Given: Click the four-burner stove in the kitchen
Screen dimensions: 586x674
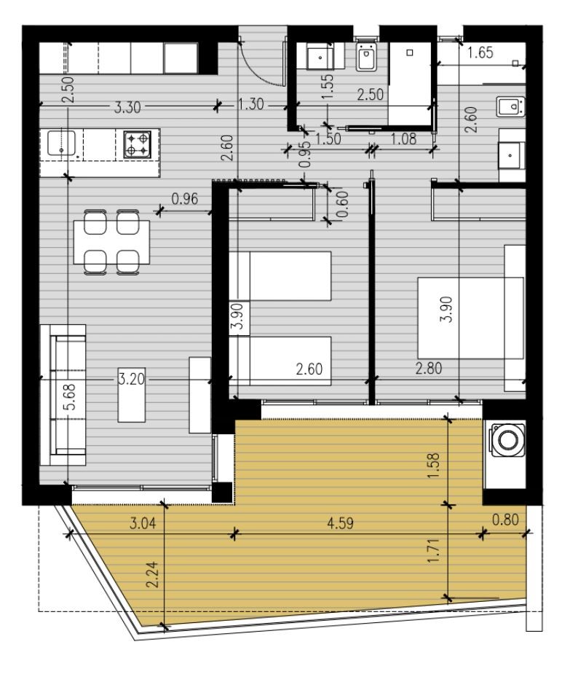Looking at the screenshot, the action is (138, 144).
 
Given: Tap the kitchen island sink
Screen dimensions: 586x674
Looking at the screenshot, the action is (61, 143).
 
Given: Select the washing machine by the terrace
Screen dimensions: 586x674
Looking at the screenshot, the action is (508, 439).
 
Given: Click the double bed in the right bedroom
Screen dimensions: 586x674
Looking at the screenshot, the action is (470, 318).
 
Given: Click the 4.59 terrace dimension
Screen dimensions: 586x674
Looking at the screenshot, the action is (340, 523).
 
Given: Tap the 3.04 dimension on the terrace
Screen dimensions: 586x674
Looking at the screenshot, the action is (143, 523).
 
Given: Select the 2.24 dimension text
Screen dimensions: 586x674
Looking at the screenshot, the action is (152, 575).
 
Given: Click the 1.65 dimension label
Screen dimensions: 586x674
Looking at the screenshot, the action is (480, 52).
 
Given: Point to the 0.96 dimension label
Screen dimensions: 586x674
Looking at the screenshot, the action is (185, 199).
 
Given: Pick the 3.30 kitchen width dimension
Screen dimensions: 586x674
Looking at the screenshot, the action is (127, 107).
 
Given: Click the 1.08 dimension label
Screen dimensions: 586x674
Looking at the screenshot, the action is (404, 138).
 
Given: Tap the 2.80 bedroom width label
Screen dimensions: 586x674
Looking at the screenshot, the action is (429, 369).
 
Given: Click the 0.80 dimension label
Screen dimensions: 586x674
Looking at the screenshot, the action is (505, 520).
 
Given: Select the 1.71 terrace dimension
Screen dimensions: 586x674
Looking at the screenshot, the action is (434, 551).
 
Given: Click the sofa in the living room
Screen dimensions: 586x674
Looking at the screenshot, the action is (63, 395).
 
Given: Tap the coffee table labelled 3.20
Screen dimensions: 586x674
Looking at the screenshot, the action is (131, 395).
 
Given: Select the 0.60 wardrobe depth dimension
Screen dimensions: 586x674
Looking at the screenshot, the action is (342, 204).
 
